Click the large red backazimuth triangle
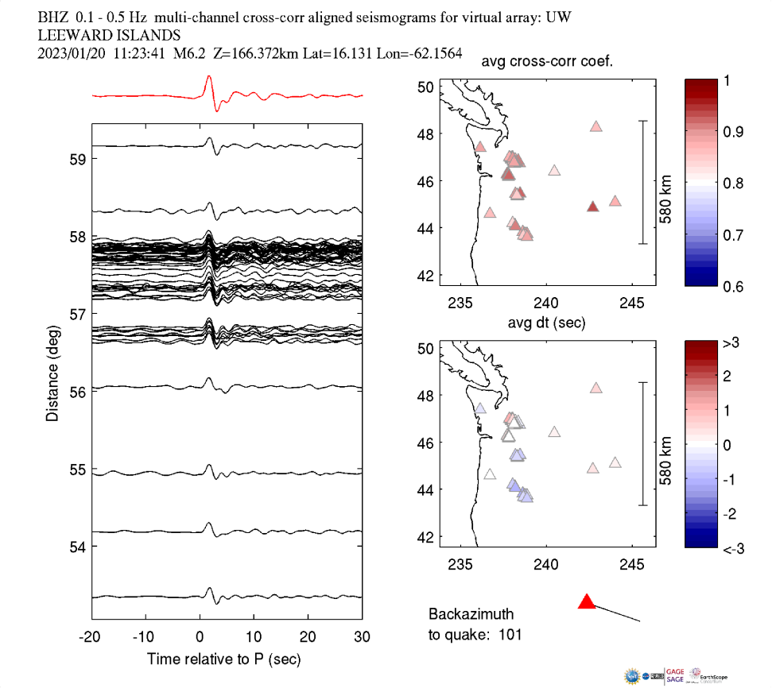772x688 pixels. point(587,601)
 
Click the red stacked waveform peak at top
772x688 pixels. point(208,78)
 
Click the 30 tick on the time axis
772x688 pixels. point(363,636)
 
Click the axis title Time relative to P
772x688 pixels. point(223,659)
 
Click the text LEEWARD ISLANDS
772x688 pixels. point(109,35)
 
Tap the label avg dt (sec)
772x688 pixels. point(547,322)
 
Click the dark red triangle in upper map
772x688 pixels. point(592,207)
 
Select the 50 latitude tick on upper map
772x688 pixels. point(425,87)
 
